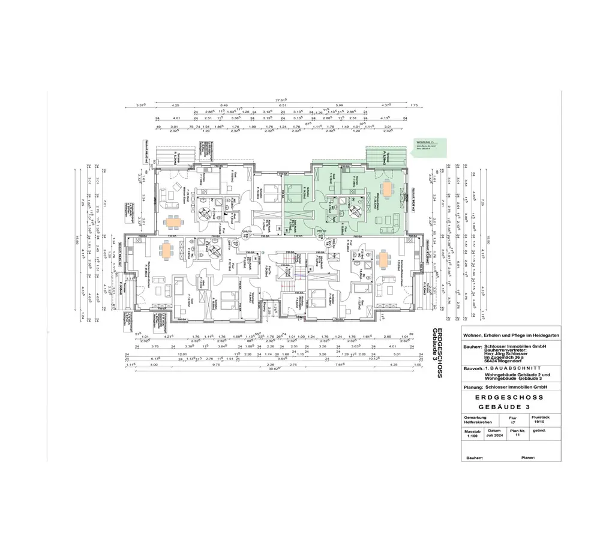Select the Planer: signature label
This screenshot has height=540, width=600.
click(x=528, y=458)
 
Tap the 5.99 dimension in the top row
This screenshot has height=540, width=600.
click(x=340, y=106)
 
